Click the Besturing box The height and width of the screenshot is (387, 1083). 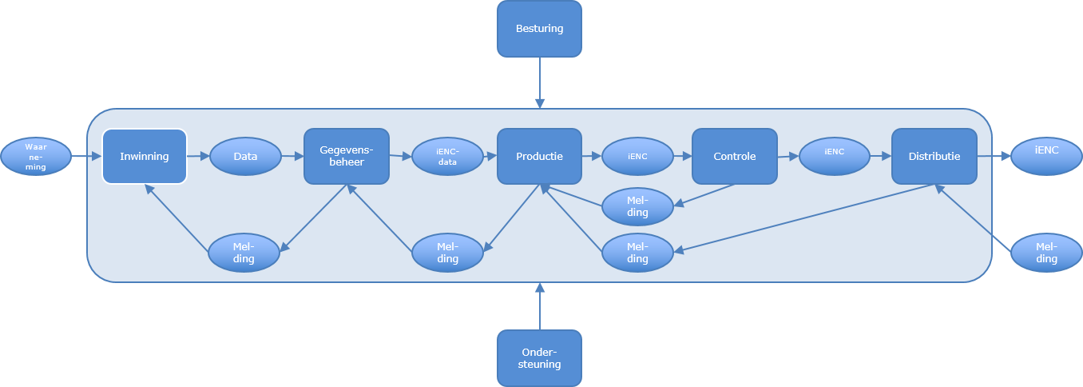click(x=540, y=29)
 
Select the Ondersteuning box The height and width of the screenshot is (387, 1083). click(x=540, y=358)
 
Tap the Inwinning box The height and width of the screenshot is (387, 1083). click(x=145, y=156)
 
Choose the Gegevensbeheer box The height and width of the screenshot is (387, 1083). click(x=347, y=156)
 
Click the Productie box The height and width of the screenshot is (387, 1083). click(x=540, y=156)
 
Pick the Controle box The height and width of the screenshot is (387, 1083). click(x=734, y=156)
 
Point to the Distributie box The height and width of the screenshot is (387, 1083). click(x=934, y=156)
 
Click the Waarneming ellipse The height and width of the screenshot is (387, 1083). click(x=36, y=156)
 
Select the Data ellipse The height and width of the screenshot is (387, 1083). click(x=246, y=157)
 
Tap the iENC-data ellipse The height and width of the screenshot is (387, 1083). click(x=447, y=157)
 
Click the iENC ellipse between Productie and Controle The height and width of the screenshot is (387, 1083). click(x=637, y=157)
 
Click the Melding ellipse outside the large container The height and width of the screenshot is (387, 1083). click(x=1046, y=253)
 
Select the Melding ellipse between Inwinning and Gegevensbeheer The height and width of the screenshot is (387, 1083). click(x=244, y=253)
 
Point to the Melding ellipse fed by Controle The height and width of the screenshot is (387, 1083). click(x=637, y=206)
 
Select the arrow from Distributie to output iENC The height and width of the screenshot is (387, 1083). click(x=994, y=157)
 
